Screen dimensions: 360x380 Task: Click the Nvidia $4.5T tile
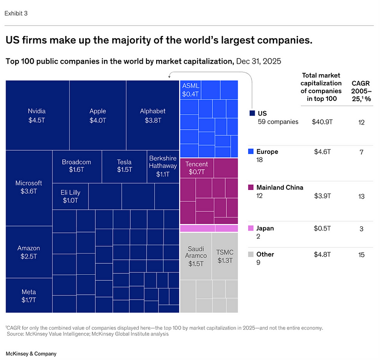(37, 115)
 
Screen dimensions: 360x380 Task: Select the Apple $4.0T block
(98, 115)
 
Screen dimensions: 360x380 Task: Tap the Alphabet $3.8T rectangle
(152, 115)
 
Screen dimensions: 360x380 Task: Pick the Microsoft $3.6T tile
(29, 187)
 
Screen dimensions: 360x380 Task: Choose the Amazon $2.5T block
(29, 252)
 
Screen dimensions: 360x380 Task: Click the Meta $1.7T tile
(29, 296)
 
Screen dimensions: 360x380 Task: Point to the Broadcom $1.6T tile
(76, 166)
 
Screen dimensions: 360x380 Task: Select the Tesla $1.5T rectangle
(124, 166)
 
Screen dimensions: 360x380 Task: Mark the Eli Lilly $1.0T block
(70, 196)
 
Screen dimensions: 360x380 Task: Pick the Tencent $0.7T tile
(196, 168)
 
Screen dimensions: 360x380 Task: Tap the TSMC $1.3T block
(225, 256)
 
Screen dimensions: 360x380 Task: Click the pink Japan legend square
(251, 228)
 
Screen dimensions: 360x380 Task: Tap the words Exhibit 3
(16, 13)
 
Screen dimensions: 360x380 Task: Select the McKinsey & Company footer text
(30, 354)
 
